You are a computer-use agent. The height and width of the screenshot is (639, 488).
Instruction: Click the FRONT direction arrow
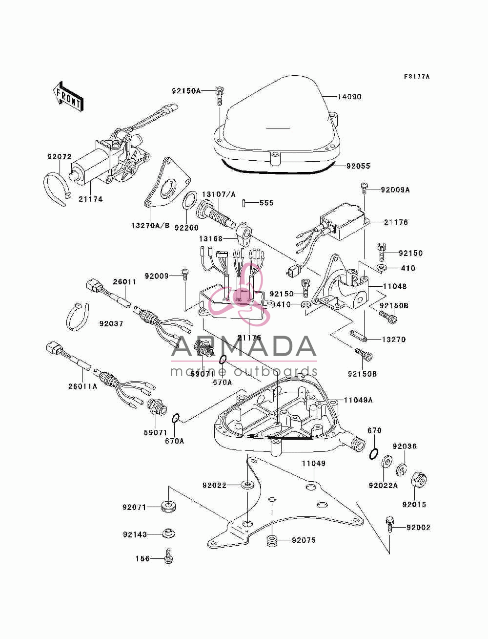[68, 96]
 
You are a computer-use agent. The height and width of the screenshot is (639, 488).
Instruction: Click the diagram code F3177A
[416, 77]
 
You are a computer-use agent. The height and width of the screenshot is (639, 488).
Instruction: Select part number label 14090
[349, 97]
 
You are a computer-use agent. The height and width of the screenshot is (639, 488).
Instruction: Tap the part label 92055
[358, 166]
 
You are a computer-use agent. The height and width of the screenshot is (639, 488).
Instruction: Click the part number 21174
[90, 199]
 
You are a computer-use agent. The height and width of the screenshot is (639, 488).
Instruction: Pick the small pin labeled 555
[244, 203]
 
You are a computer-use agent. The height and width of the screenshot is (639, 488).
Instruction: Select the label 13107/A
[219, 194]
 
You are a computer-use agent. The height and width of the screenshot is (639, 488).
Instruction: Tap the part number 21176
[396, 222]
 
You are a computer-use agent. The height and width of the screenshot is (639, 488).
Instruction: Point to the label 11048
[395, 286]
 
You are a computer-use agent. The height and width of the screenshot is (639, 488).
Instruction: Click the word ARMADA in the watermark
[244, 346]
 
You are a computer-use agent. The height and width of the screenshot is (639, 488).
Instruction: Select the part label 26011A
[83, 386]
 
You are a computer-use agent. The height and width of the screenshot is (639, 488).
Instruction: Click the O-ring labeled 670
[374, 454]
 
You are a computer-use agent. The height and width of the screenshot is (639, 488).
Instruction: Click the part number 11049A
[358, 400]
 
